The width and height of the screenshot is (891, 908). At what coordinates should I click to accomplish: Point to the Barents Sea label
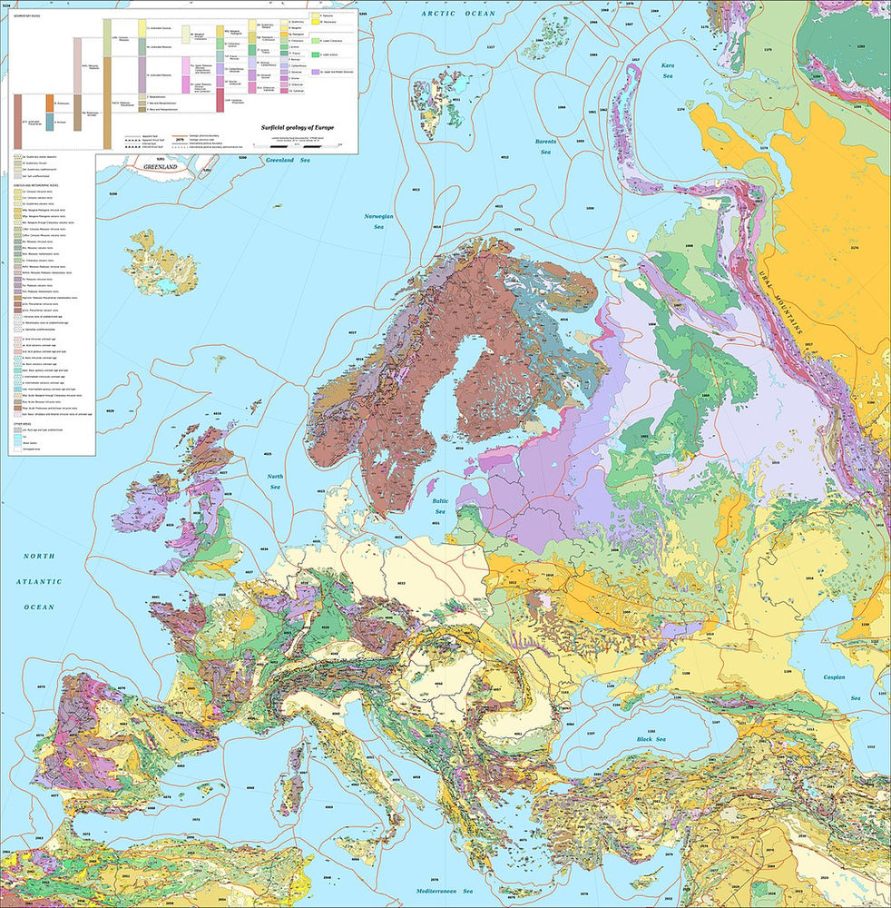coord(545,145)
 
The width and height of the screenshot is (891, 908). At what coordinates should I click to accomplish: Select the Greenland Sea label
coord(288,160)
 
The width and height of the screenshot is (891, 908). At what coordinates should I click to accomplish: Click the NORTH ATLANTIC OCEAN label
coord(40,581)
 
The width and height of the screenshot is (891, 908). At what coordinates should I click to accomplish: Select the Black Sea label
coord(645,740)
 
